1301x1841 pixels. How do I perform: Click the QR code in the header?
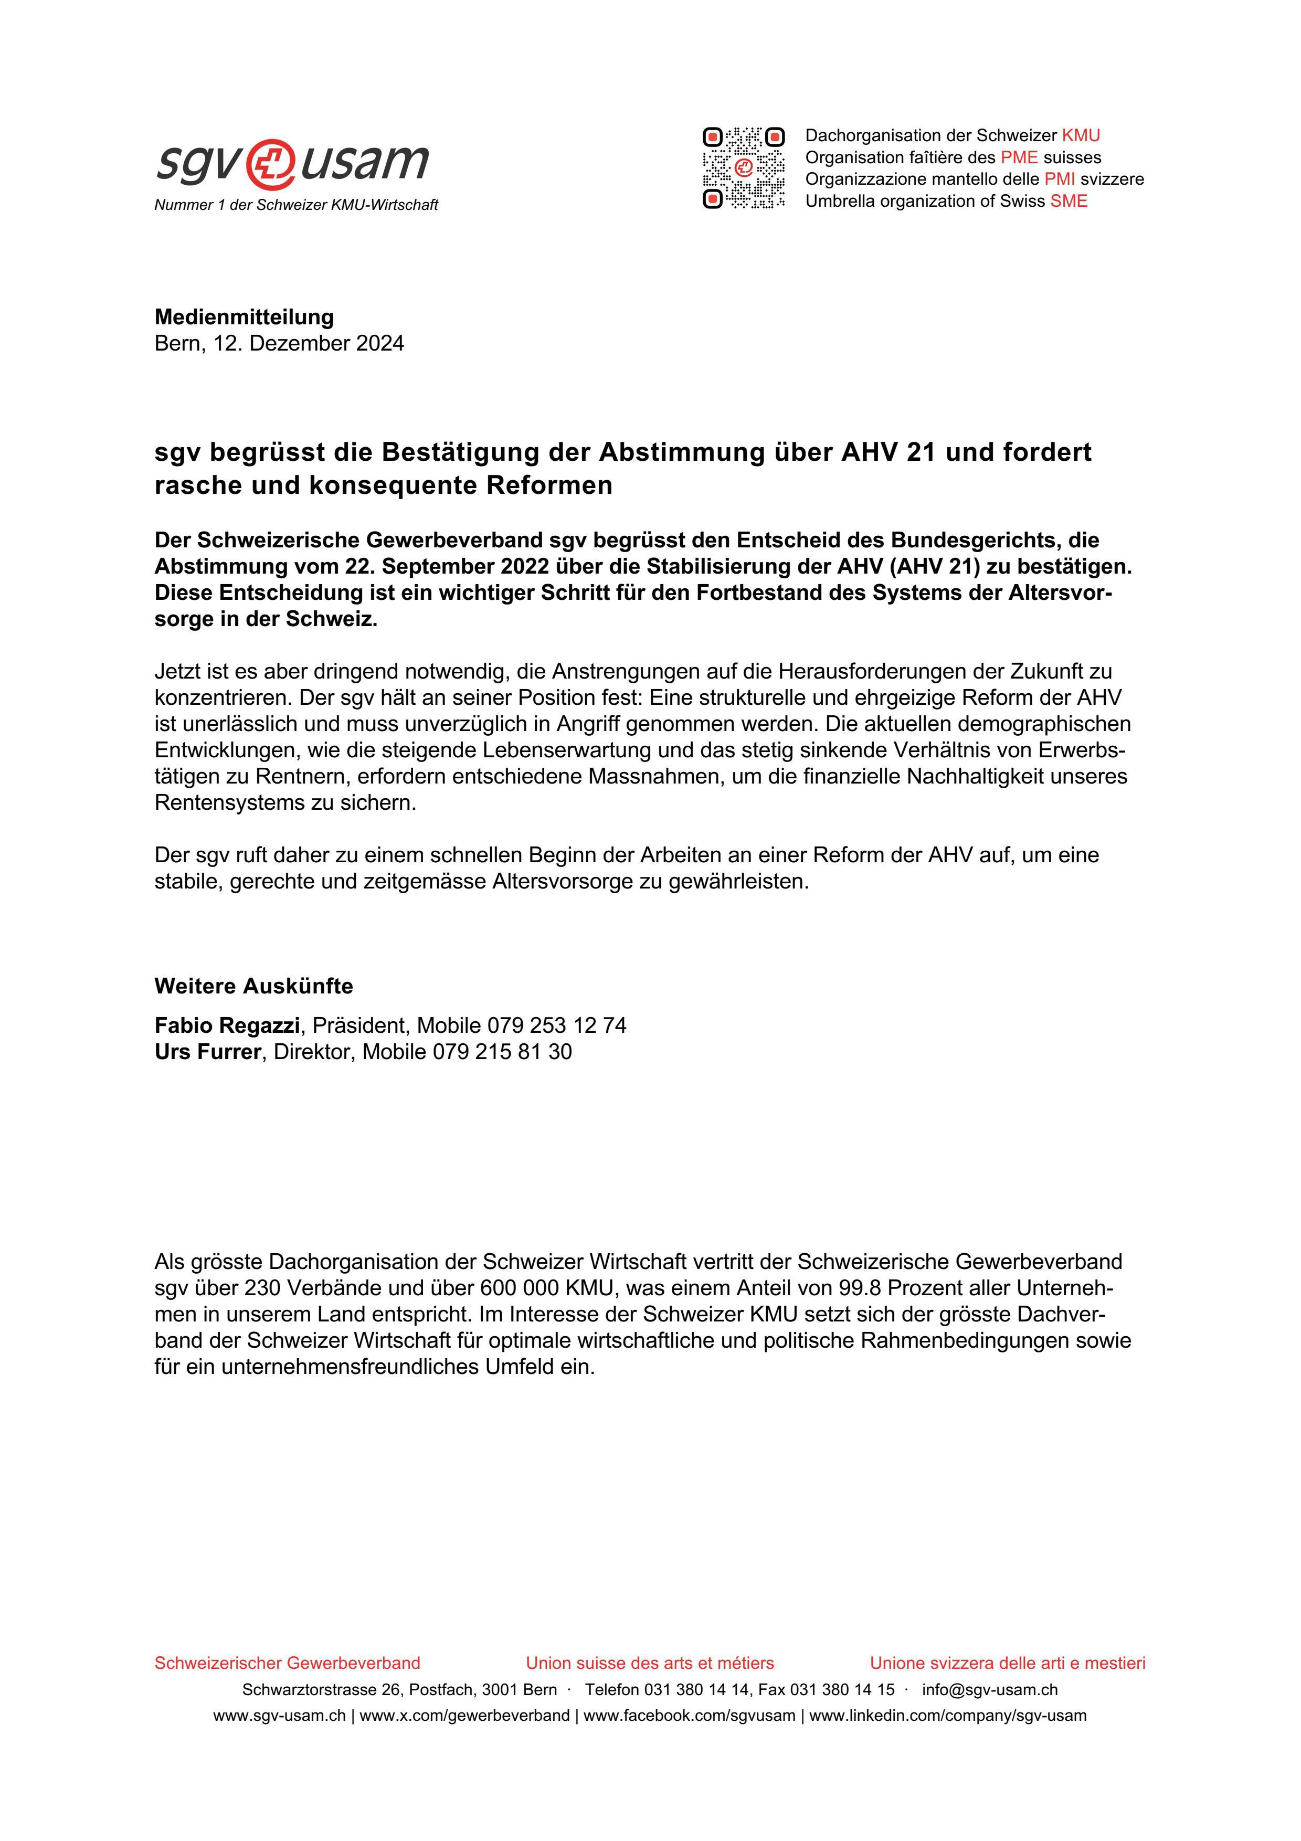click(x=743, y=168)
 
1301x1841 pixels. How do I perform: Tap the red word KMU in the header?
click(x=1081, y=135)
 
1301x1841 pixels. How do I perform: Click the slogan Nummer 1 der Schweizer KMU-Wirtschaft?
click(x=296, y=205)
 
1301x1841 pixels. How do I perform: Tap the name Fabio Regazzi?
click(x=227, y=1025)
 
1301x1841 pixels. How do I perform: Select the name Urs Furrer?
click(x=208, y=1052)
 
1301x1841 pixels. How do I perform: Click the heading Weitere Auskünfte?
click(x=253, y=986)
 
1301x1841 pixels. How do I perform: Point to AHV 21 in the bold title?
click(x=889, y=452)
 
